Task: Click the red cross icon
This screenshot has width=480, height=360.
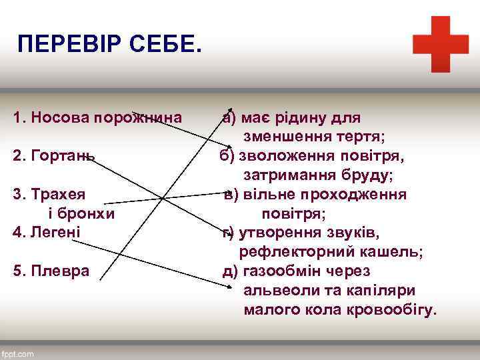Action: point(441,44)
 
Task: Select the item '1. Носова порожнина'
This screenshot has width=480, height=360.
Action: point(97,118)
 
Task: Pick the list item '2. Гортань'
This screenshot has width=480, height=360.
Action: point(53,156)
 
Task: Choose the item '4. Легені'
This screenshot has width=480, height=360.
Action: point(47,232)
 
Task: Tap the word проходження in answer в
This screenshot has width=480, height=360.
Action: point(363,194)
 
